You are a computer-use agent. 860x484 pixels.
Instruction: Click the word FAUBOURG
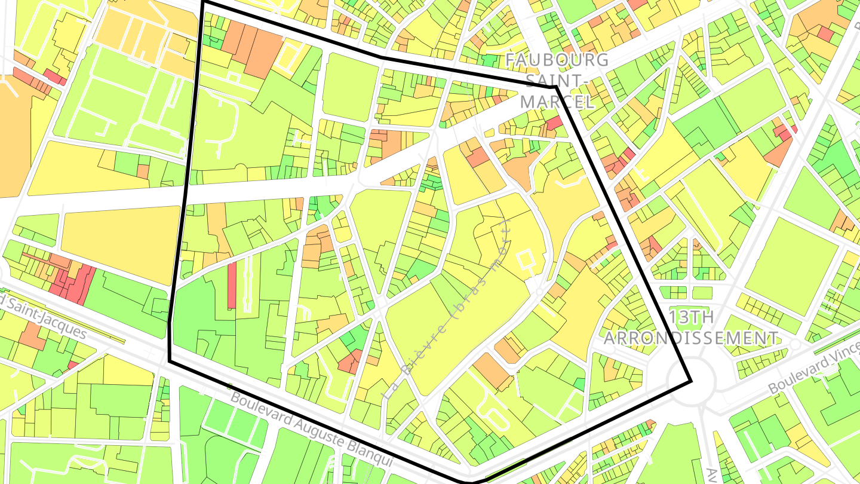(x=557, y=60)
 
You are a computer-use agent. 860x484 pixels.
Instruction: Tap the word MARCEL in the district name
(x=557, y=102)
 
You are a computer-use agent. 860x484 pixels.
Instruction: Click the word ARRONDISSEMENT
(x=691, y=338)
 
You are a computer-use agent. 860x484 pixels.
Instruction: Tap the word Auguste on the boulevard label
(x=322, y=431)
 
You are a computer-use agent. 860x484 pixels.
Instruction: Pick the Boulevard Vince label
(x=813, y=371)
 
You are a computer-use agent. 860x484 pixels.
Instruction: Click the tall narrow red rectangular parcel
(x=232, y=286)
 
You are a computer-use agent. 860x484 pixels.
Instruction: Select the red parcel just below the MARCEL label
(x=554, y=123)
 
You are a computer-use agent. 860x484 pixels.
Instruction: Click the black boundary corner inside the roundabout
(x=691, y=381)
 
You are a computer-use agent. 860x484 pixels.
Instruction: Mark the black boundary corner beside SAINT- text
(x=555, y=87)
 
